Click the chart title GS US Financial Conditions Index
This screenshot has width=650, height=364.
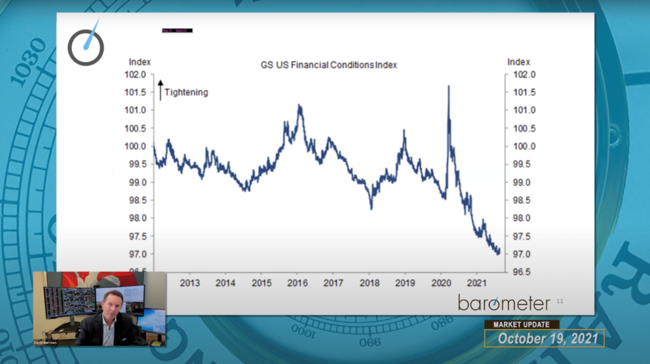(x=329, y=65)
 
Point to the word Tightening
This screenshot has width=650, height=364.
(x=186, y=92)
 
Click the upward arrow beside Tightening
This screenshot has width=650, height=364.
(x=161, y=90)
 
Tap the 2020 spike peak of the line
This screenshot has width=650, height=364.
(x=449, y=86)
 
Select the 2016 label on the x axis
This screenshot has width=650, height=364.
(x=296, y=282)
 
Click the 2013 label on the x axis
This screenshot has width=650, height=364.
(x=190, y=282)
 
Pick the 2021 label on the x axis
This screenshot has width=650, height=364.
(x=477, y=282)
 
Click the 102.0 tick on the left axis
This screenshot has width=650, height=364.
(x=137, y=74)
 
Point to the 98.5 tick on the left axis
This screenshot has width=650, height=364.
(x=137, y=200)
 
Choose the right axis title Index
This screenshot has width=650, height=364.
(x=518, y=62)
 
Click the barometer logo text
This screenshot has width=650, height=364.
(x=504, y=302)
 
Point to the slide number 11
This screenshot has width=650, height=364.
(x=559, y=300)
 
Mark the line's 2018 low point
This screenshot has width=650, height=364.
(x=371, y=208)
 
